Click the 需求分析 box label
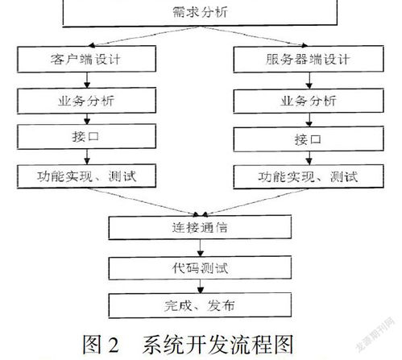(x=200, y=12)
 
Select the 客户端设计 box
(x=86, y=59)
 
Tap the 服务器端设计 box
(x=309, y=59)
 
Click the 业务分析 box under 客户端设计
(x=86, y=101)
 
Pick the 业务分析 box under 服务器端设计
(x=309, y=101)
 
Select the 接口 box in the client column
(x=86, y=136)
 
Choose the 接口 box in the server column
(x=309, y=139)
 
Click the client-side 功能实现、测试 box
(x=86, y=176)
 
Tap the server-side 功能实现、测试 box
(x=309, y=176)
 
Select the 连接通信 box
(x=200, y=227)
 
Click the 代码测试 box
(x=200, y=267)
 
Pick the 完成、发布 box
(x=200, y=305)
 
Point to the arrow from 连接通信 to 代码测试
(x=201, y=247)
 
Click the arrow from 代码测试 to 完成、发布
(x=201, y=286)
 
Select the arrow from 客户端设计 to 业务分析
(x=87, y=80)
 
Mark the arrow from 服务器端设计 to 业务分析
(x=309, y=81)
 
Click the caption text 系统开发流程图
(x=218, y=345)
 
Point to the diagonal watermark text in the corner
(x=375, y=333)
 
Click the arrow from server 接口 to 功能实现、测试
(x=309, y=158)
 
